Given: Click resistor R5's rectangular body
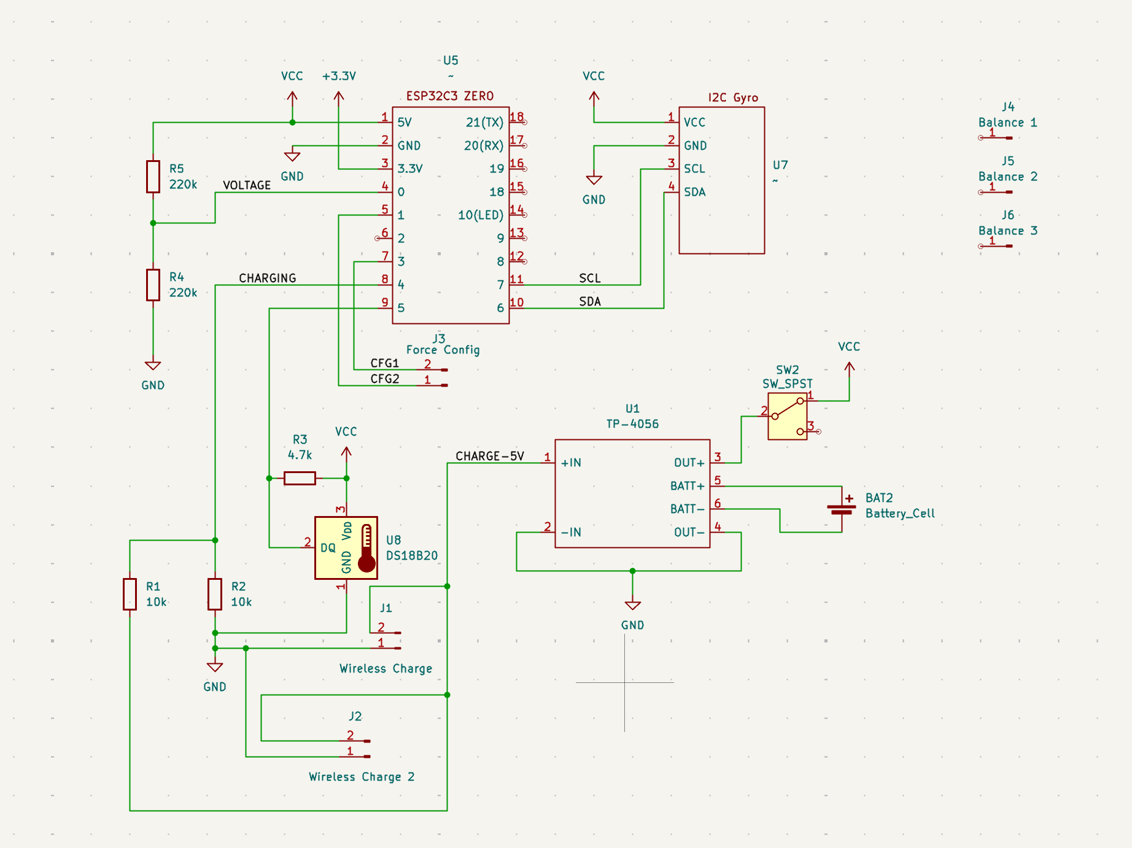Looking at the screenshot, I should coord(153,177).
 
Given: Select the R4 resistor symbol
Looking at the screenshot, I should coord(153,285).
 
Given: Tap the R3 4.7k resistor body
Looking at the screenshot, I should coord(300,478).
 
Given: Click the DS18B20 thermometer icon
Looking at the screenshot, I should coord(366,548).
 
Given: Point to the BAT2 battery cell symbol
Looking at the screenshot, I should coord(841,509).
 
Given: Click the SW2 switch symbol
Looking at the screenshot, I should coord(788,417).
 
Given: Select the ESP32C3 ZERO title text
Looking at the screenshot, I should coord(449,96).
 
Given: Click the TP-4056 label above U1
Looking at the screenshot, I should coord(632,424).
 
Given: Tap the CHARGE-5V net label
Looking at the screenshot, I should coord(489,456).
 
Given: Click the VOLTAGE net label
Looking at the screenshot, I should coord(247,185).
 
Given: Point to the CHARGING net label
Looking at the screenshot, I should coord(267,278).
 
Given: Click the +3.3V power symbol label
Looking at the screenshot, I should coord(339,76).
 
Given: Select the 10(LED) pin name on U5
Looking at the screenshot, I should coord(480,215).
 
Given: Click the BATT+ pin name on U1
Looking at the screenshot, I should coord(687,486).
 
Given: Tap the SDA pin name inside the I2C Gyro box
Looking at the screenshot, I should coord(694,192).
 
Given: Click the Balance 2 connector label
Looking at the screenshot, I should coord(1007,177).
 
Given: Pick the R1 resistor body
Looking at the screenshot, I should coord(130,594).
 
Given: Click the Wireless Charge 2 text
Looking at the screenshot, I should coord(362,777).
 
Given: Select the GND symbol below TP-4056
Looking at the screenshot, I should coord(632,606).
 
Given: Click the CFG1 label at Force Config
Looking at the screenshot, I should coord(384,363).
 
